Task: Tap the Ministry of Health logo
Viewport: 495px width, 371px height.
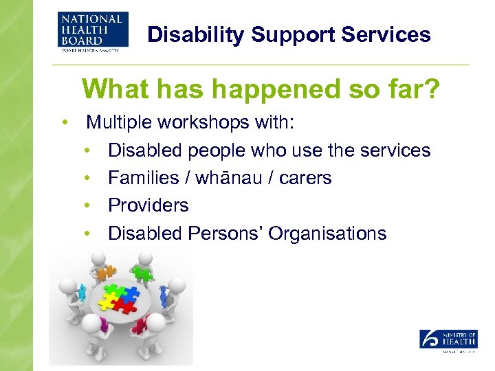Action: coord(448,339)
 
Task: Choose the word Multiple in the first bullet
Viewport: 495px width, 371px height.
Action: coord(118,123)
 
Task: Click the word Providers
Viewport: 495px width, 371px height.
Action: coord(148,205)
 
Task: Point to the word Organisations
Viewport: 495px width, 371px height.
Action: coord(327,234)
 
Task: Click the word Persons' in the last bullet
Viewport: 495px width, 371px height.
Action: coord(226,234)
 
